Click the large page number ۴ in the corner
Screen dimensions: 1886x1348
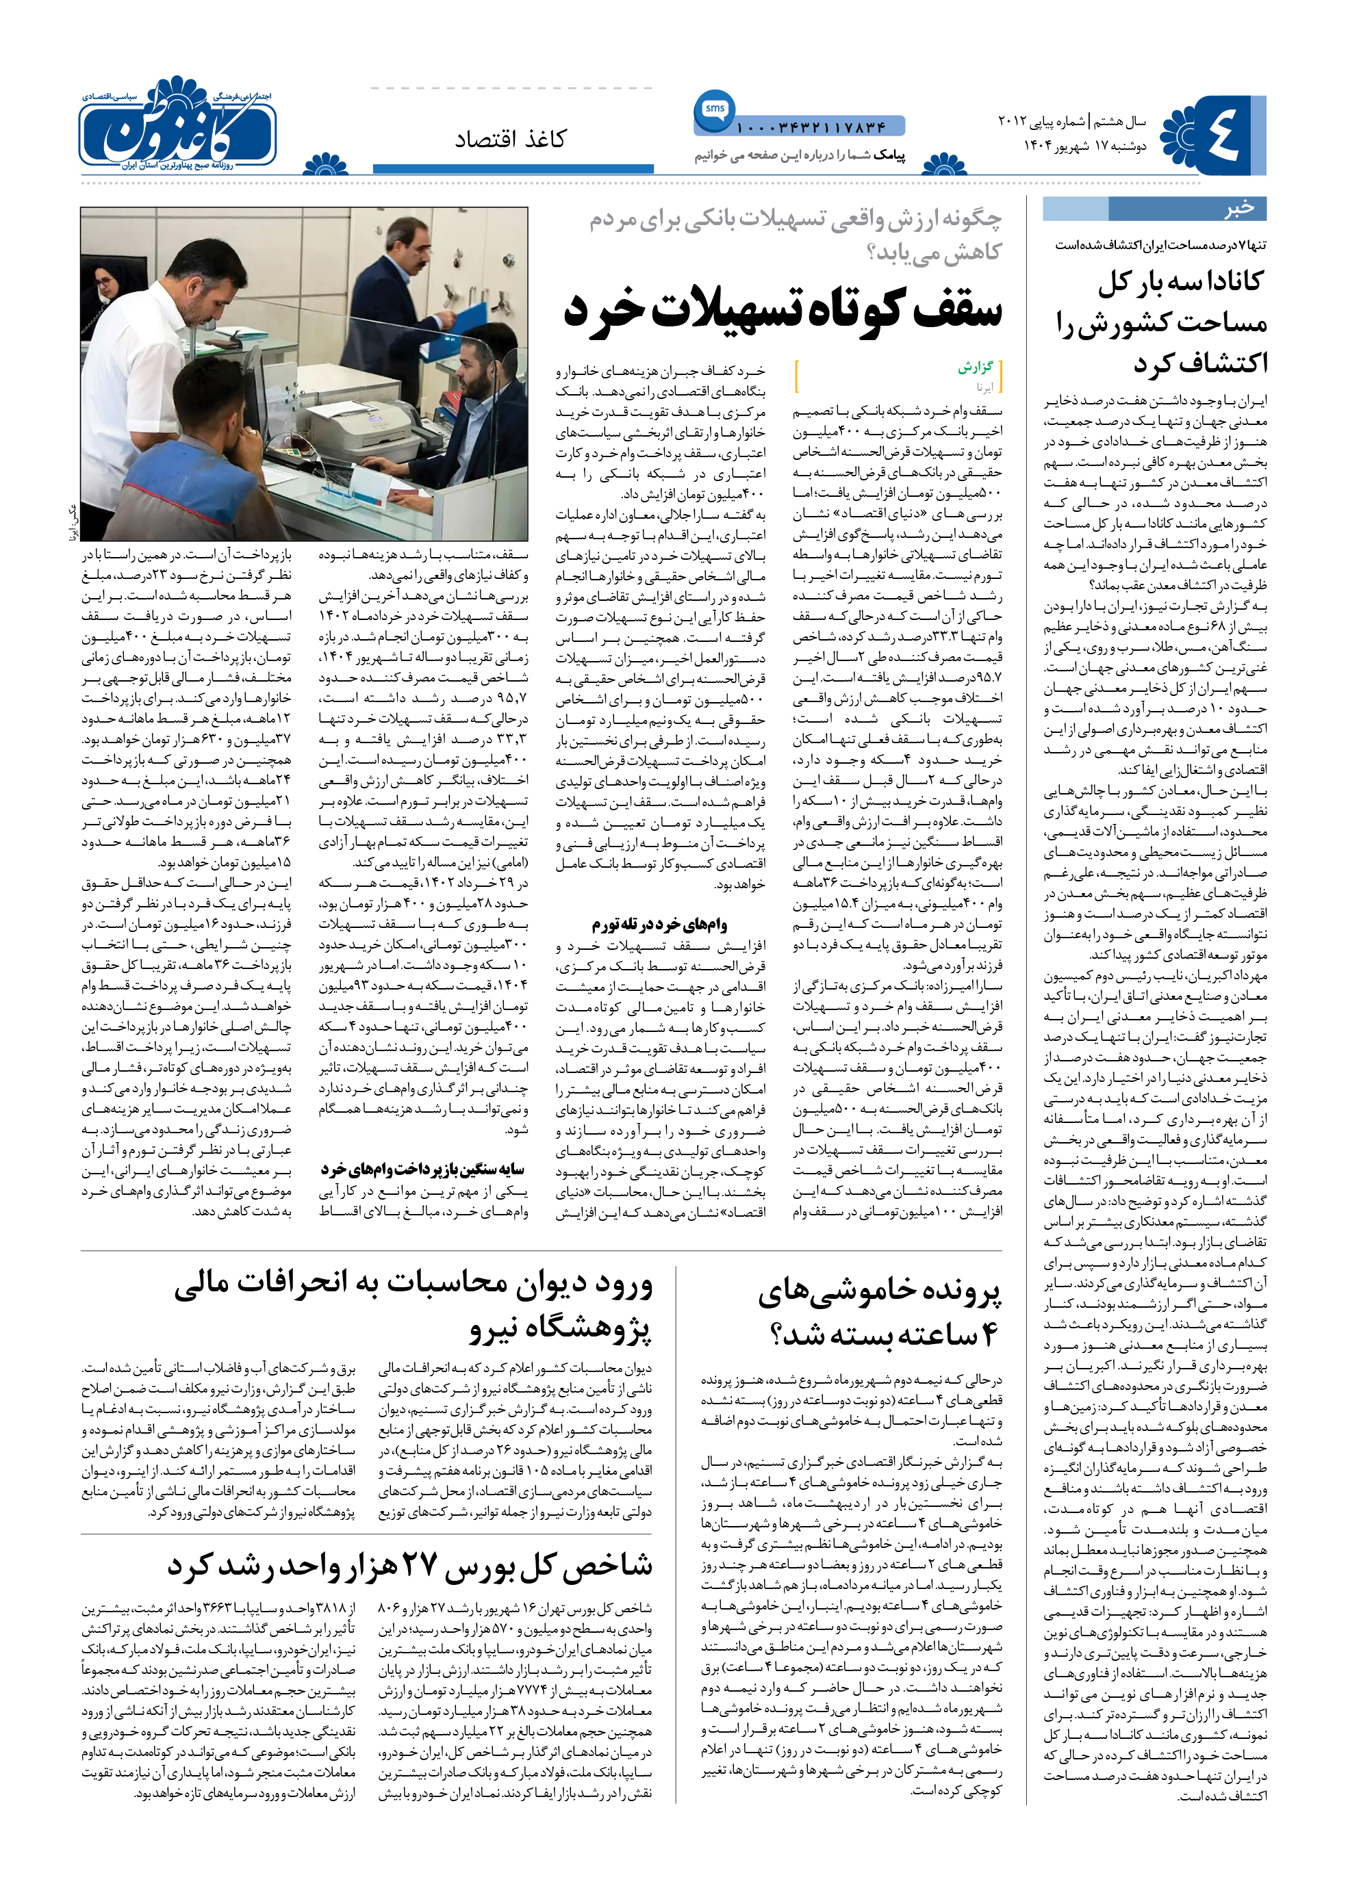point(1219,134)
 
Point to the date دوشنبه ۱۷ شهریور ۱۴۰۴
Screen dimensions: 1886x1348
point(1084,146)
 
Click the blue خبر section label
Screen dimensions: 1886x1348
point(1238,208)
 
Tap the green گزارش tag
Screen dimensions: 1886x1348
point(976,367)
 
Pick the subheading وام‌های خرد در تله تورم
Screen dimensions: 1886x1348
point(659,924)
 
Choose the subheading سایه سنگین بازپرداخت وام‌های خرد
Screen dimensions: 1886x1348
point(422,1168)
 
